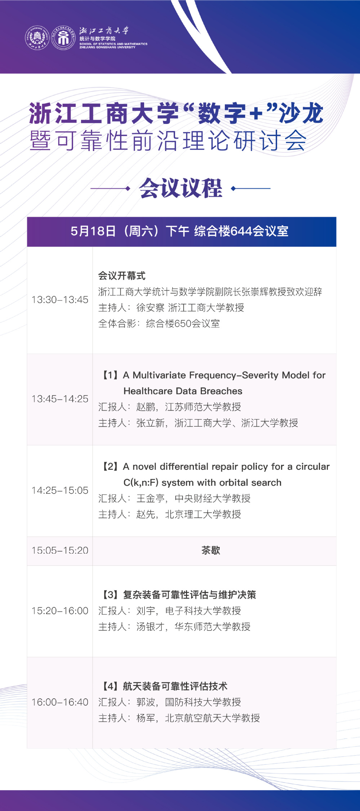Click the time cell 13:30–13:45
coord(60,300)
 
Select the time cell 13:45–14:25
coord(60,399)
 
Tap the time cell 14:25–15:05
coord(60,490)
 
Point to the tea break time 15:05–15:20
coord(60,550)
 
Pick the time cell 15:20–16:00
coord(60,611)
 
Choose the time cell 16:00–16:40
coord(60,702)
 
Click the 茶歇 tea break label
coord(211,550)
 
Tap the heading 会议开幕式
coord(122,276)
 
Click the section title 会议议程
coord(181,188)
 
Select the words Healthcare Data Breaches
coord(183,391)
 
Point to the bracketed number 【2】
coord(110,466)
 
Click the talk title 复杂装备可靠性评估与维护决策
coord(190,595)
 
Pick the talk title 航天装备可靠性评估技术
coord(175,686)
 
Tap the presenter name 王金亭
coord(151,498)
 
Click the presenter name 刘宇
coord(146,611)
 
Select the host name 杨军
coord(146,718)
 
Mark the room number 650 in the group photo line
coord(183,324)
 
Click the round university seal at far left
coord(37,38)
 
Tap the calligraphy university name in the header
coord(104,31)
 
